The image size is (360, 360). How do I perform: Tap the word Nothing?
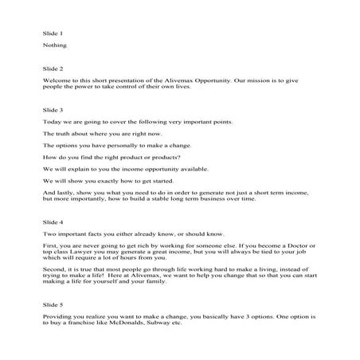click(54, 46)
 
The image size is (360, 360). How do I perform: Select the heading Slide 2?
click(52, 69)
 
